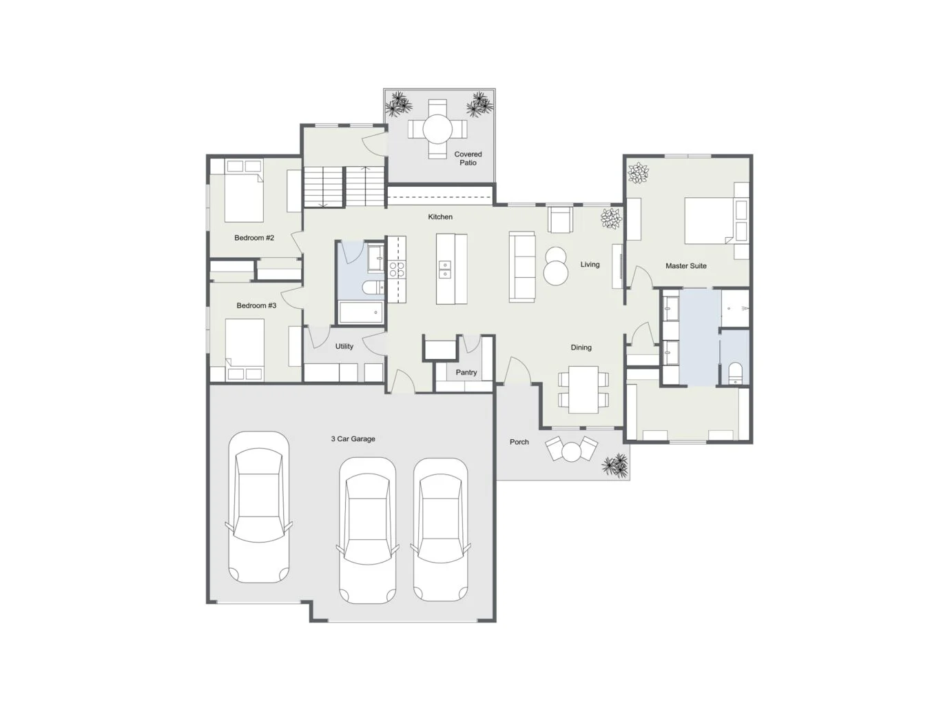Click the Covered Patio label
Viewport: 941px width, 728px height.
(x=468, y=158)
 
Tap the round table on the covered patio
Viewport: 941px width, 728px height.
(x=437, y=129)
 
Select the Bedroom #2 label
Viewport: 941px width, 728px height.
(x=254, y=238)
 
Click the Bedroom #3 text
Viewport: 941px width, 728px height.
(x=256, y=305)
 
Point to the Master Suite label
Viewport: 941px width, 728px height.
(x=686, y=265)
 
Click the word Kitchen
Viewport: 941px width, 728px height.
(x=440, y=216)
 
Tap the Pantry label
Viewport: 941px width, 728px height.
(x=466, y=372)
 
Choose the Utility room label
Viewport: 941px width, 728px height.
(x=344, y=346)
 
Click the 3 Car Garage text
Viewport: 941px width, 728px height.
(x=353, y=438)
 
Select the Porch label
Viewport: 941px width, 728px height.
(x=519, y=442)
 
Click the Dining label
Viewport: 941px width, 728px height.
(x=581, y=347)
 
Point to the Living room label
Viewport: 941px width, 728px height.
(x=590, y=264)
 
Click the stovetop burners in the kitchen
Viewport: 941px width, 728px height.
(x=397, y=269)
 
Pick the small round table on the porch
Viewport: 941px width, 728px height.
(x=571, y=453)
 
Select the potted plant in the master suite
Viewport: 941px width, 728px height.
(x=638, y=172)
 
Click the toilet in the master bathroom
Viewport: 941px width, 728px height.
(x=735, y=374)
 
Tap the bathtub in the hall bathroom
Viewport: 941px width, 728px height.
(x=361, y=312)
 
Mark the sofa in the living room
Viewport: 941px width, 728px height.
(x=521, y=267)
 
